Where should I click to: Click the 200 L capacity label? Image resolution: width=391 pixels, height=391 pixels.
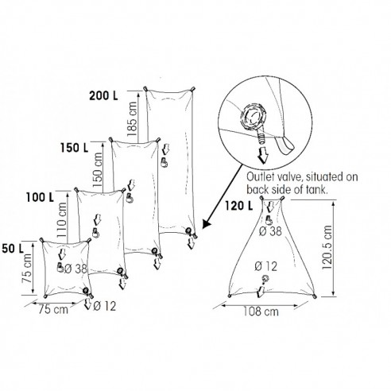[103, 95]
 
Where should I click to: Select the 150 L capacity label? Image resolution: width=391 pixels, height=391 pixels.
[74, 148]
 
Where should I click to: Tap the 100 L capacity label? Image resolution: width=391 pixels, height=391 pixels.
[40, 197]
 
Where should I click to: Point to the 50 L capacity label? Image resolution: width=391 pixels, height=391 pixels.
[13, 249]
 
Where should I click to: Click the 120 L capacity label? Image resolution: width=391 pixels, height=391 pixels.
[239, 206]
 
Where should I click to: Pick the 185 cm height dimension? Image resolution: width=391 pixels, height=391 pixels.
[133, 119]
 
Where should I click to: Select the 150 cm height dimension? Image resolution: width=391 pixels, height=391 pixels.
[98, 170]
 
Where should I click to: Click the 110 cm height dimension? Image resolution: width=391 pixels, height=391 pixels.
[62, 219]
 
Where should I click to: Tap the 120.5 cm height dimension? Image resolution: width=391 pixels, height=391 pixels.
[327, 248]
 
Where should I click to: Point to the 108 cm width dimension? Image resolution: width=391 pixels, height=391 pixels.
[261, 312]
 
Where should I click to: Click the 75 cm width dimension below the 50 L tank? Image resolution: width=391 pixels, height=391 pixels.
[53, 309]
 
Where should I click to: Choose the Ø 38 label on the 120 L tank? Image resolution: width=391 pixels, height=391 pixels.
[271, 231]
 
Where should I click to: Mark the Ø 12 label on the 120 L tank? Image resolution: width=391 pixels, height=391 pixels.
[266, 266]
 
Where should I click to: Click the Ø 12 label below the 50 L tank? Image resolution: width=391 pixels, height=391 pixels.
[105, 307]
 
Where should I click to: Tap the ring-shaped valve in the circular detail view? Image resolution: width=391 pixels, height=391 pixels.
[254, 117]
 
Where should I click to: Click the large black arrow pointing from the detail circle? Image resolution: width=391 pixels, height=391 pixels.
[223, 196]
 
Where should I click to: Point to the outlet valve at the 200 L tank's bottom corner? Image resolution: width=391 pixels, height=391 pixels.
[188, 231]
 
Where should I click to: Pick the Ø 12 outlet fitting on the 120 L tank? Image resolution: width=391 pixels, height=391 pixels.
[265, 278]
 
